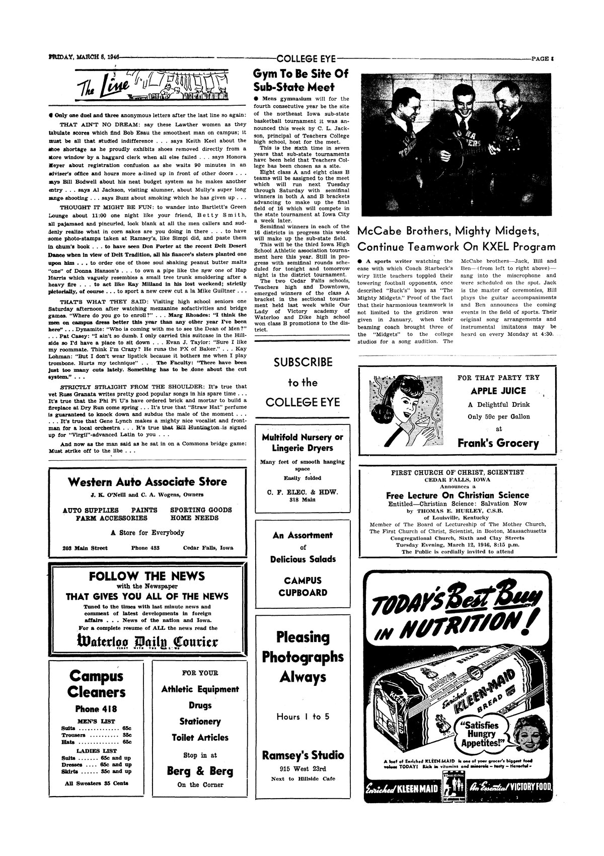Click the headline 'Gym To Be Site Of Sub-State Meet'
click(x=300, y=81)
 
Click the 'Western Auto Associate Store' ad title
click(x=147, y=482)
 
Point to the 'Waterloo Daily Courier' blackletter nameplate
click(x=148, y=641)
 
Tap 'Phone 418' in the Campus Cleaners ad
click(x=96, y=709)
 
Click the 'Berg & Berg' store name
click(x=200, y=771)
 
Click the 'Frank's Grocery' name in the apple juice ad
click(x=498, y=443)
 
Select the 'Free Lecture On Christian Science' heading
click(x=458, y=495)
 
